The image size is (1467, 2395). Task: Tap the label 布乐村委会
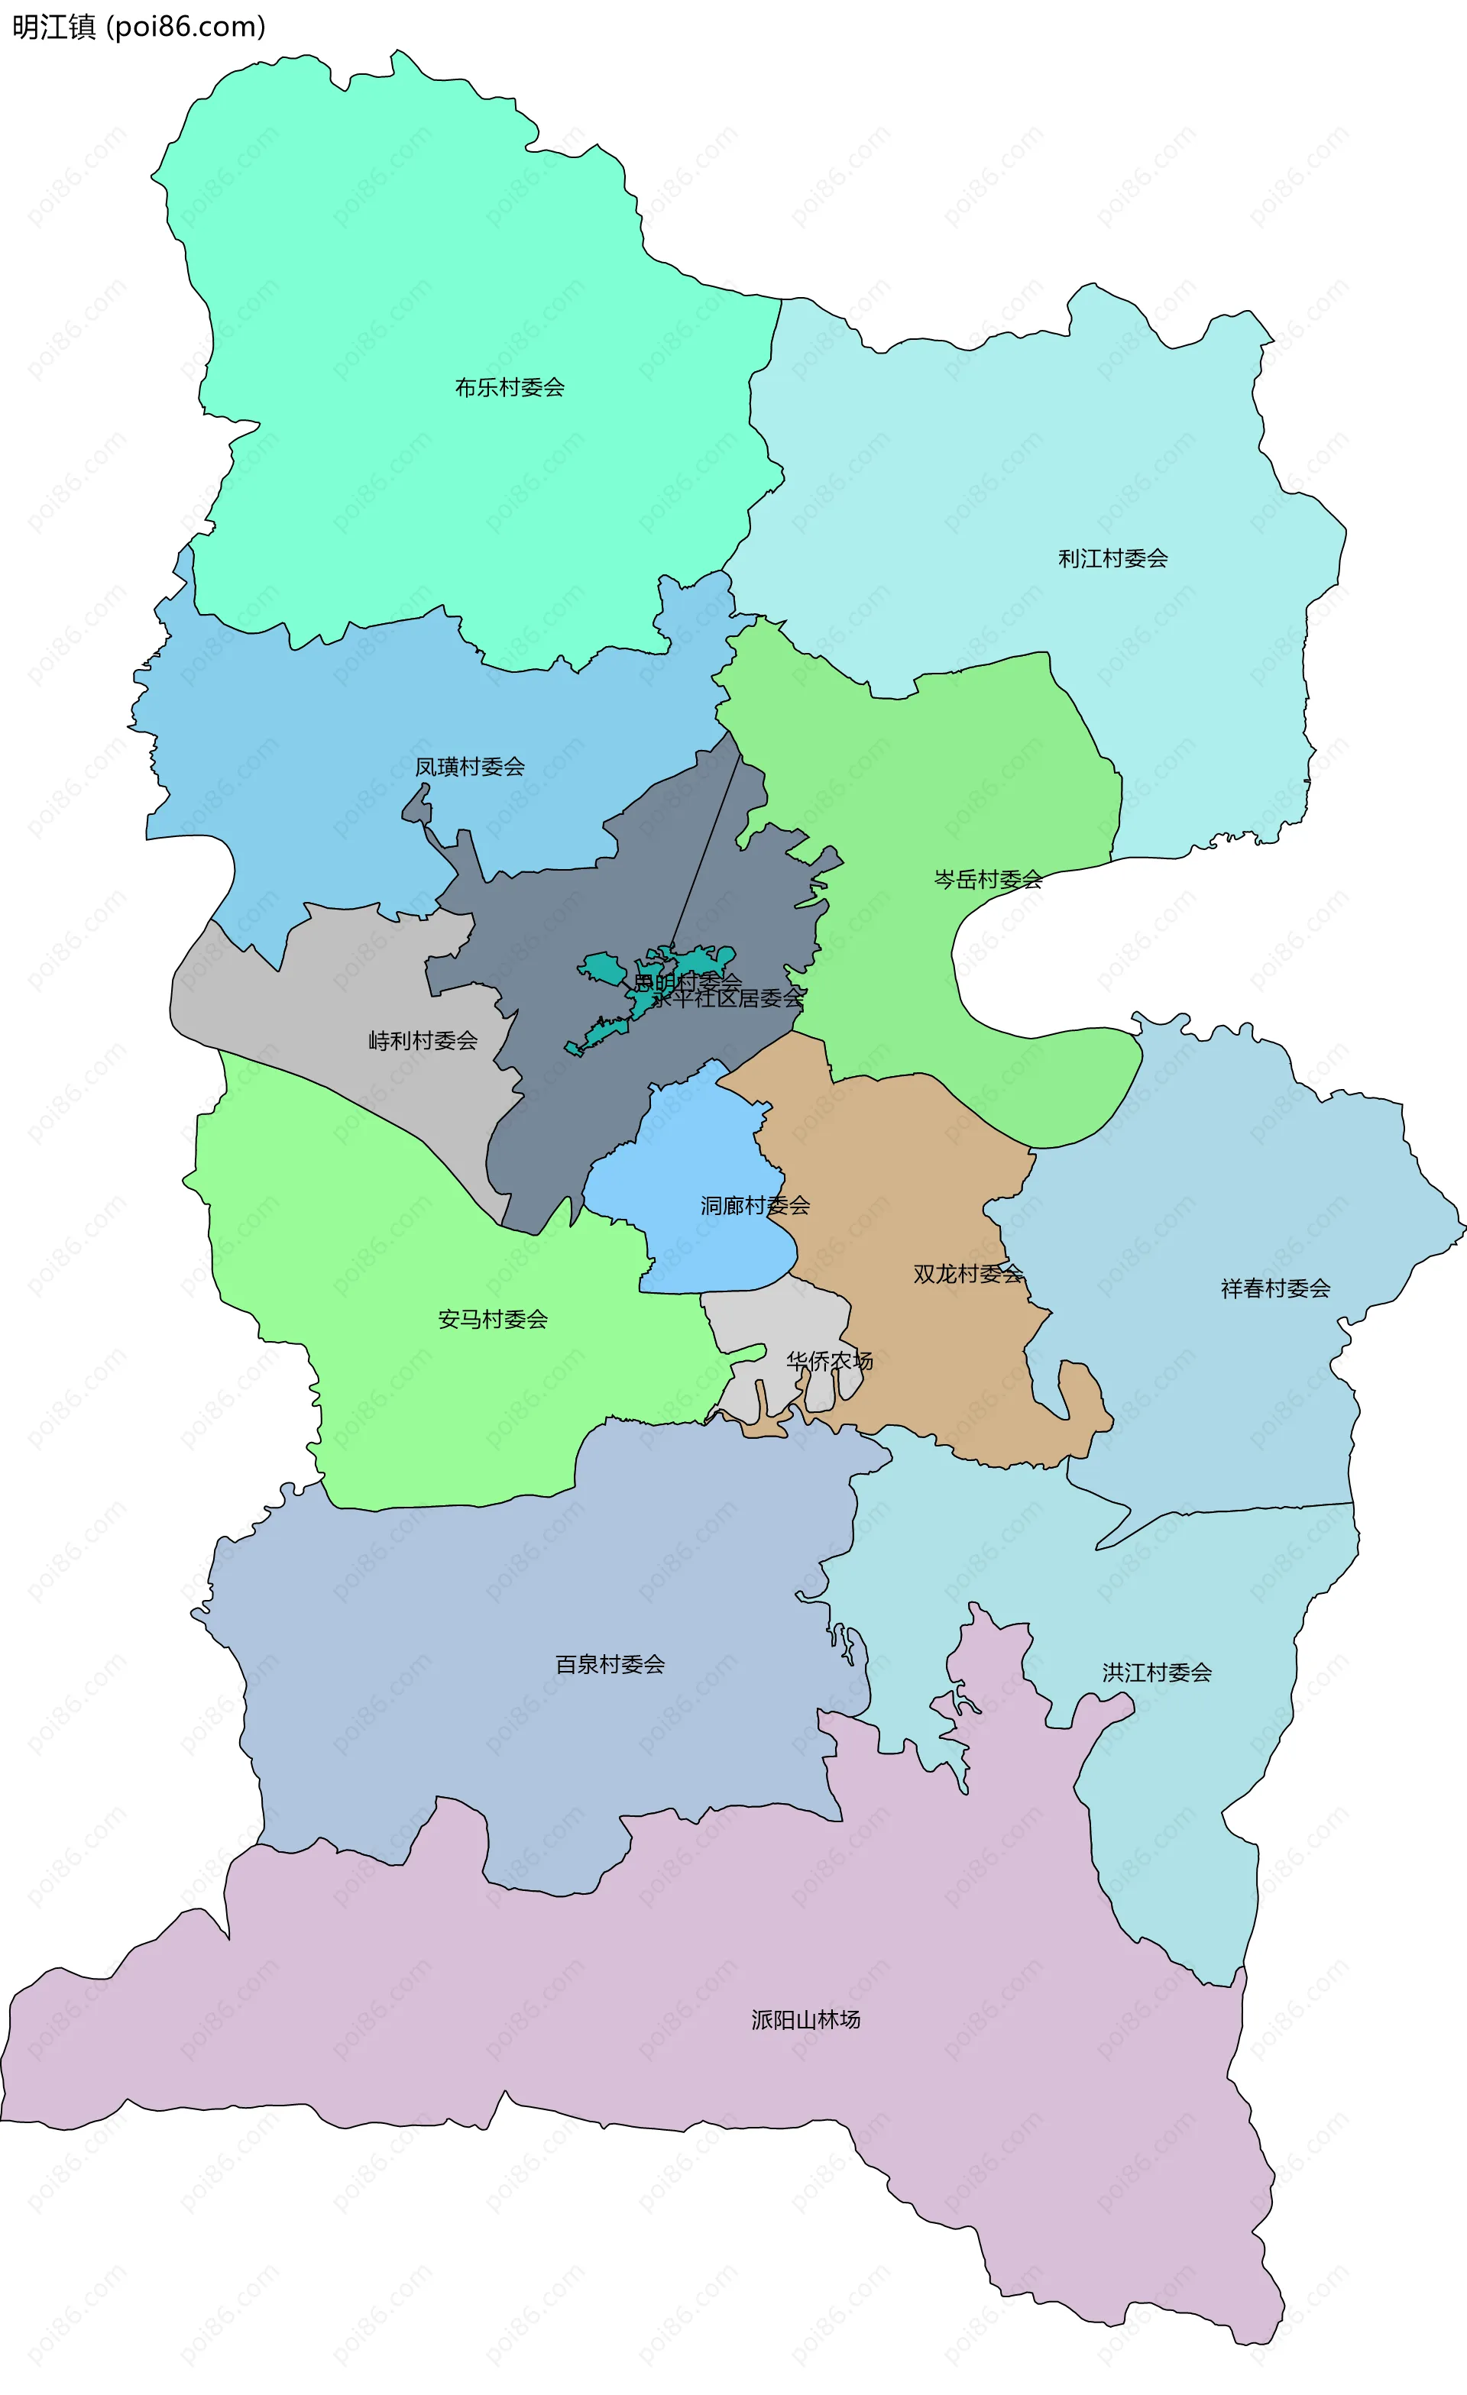(510, 388)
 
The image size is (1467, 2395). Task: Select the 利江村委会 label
(1112, 559)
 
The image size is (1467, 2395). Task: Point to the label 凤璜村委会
(470, 767)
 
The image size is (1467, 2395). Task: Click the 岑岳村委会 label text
(988, 880)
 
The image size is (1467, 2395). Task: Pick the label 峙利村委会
(423, 1041)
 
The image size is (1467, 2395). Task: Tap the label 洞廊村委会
(756, 1206)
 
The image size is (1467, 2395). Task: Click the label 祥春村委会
(1275, 1289)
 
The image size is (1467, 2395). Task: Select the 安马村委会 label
(493, 1319)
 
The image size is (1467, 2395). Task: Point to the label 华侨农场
(829, 1361)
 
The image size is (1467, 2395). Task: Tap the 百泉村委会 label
(610, 1664)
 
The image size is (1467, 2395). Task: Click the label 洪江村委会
(1157, 1672)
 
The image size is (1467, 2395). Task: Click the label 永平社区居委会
(729, 998)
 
